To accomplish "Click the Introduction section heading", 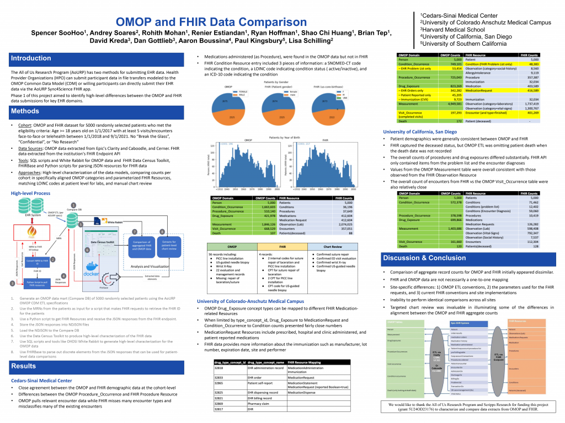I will pyautogui.click(x=31, y=58).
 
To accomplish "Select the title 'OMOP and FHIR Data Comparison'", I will pyautogui.click(x=211, y=23).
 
